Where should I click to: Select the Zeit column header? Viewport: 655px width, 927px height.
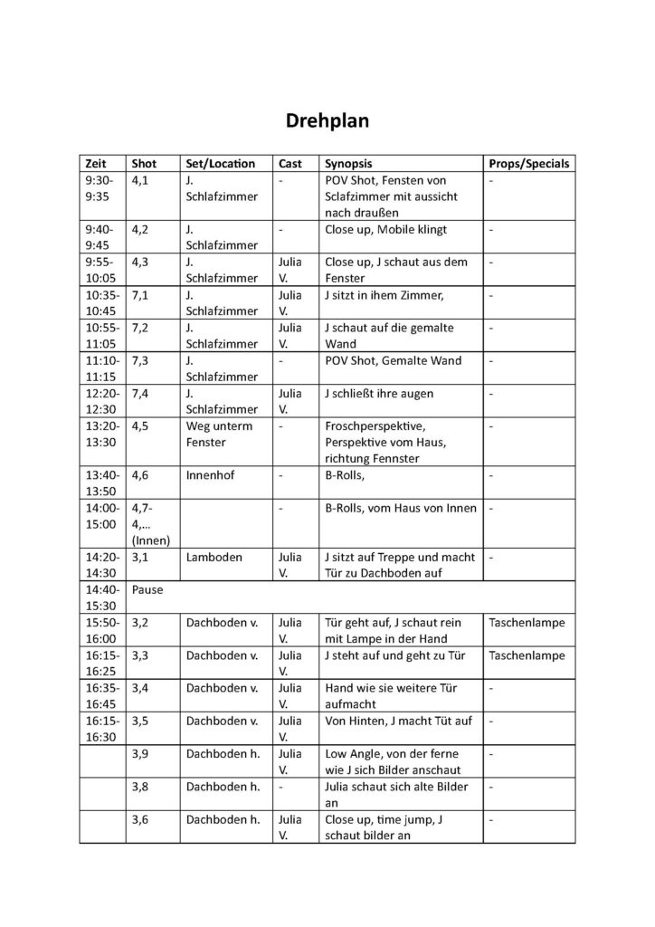coord(95,164)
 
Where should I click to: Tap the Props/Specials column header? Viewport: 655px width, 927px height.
coord(528,164)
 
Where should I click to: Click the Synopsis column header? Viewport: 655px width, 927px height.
coord(348,164)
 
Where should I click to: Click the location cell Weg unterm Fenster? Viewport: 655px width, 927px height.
coord(220,434)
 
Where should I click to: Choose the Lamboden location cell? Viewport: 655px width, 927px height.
coord(214,558)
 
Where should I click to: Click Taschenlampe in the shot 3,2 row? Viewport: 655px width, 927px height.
coord(526,623)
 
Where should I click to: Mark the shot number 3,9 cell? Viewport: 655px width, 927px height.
coord(140,753)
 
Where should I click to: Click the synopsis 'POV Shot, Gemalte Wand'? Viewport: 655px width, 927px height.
coord(393,360)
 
